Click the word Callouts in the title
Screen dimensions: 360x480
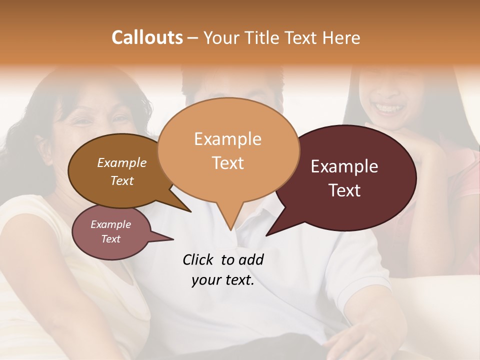(x=147, y=37)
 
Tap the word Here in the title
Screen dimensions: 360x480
(x=341, y=37)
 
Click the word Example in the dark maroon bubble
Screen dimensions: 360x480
(x=344, y=166)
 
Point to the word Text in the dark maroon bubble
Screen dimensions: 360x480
(x=344, y=190)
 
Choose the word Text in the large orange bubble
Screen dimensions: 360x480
(x=227, y=162)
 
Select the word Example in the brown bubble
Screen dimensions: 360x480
(x=122, y=162)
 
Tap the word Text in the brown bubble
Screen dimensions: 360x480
(x=122, y=180)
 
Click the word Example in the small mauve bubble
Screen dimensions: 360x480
(x=110, y=224)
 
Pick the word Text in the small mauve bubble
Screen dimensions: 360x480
(x=110, y=239)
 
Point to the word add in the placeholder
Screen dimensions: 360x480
(x=250, y=259)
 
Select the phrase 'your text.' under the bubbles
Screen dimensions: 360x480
(x=223, y=280)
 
